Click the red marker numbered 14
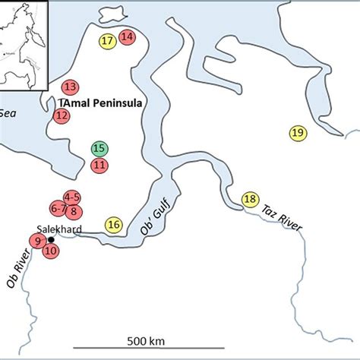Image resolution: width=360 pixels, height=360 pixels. (x=126, y=36)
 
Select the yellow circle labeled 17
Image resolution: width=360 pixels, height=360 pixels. (x=107, y=40)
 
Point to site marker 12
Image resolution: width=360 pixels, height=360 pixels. (x=62, y=115)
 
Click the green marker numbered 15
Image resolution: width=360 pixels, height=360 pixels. (x=98, y=149)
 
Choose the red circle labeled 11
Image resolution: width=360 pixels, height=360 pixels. (x=99, y=165)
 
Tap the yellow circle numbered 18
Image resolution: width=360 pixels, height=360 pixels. (x=250, y=200)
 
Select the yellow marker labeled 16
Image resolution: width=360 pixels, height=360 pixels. (x=114, y=224)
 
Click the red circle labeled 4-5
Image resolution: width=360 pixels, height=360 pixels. (x=72, y=197)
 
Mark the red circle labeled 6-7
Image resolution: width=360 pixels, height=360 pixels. (x=58, y=208)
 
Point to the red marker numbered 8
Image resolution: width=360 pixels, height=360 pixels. (x=74, y=211)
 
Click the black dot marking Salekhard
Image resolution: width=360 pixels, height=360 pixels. (x=51, y=239)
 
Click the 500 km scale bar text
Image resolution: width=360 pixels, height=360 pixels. (x=141, y=339)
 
